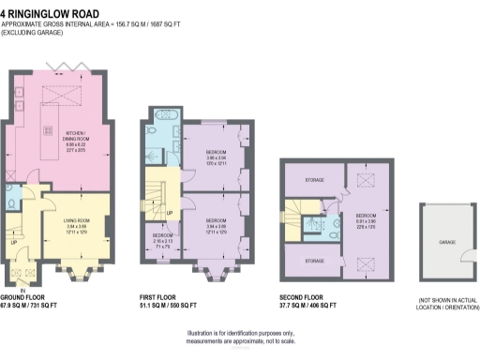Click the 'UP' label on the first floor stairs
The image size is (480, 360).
click(170, 213)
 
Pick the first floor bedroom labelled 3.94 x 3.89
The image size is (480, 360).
click(217, 224)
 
